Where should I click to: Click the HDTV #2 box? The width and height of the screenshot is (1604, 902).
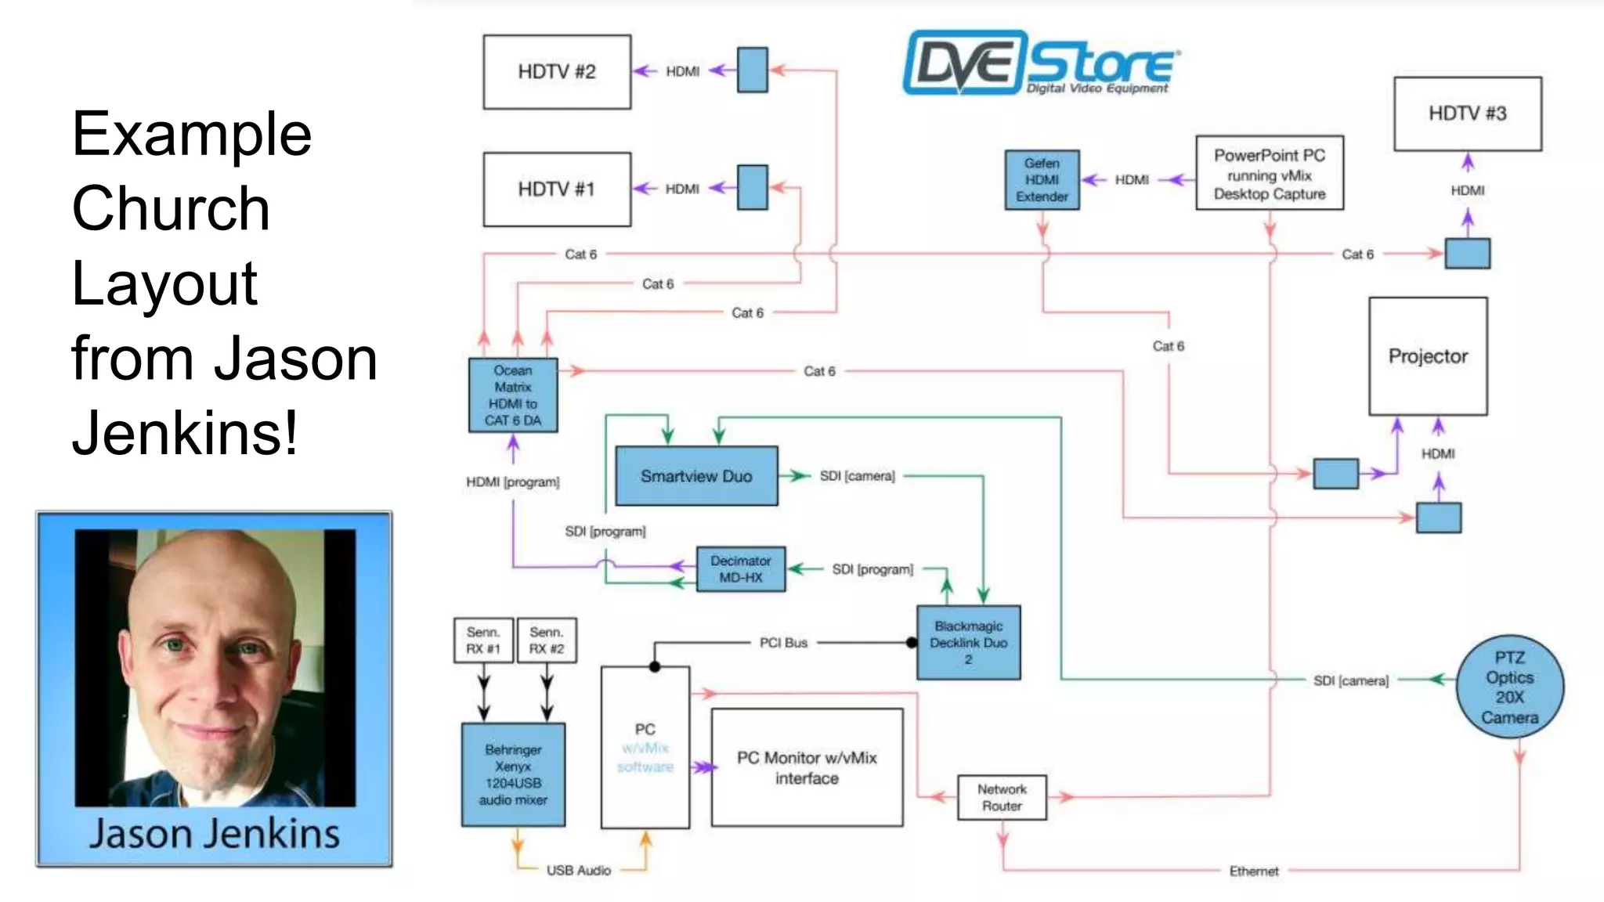point(557,72)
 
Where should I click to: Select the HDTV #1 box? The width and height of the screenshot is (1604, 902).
point(557,189)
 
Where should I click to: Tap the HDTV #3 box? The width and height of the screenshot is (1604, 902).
point(1467,114)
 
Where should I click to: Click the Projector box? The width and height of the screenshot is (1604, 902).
point(1427,356)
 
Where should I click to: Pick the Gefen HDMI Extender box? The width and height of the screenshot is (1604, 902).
point(1042,180)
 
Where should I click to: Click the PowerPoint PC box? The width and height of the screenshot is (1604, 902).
point(1269,174)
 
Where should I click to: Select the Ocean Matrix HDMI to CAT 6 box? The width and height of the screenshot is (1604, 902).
point(513,395)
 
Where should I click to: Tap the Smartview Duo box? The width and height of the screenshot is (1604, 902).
point(696,476)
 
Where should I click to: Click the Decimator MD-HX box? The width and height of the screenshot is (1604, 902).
point(740,569)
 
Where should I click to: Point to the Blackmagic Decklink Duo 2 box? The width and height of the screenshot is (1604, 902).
point(968,643)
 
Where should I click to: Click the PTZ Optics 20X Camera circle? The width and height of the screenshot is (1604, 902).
point(1509,687)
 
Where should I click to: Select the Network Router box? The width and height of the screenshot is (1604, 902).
point(1002,798)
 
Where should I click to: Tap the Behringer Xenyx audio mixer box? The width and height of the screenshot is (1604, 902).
point(513,774)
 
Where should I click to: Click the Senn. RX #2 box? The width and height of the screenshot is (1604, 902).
point(547,640)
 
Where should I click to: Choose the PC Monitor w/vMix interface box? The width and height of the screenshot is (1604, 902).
point(807,767)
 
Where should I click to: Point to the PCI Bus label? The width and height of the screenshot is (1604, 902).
point(783,643)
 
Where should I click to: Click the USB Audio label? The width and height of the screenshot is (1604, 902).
point(578,871)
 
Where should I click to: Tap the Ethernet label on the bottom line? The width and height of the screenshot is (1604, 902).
point(1253,871)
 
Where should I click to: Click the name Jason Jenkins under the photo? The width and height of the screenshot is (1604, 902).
point(214,833)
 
